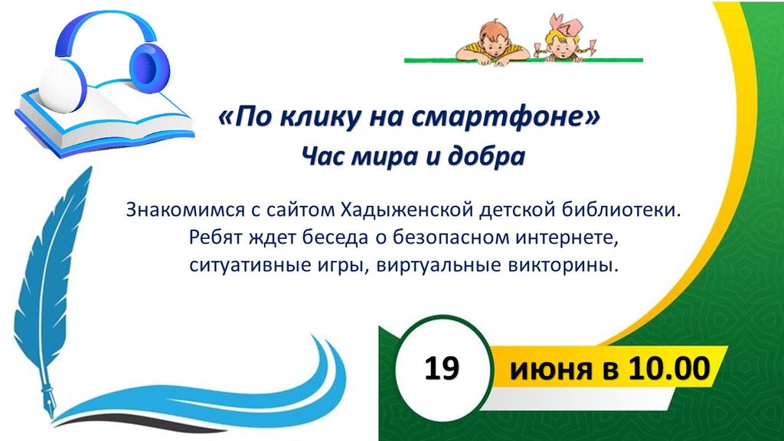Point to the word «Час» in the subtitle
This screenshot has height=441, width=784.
(322, 157)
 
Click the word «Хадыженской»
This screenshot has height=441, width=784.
(407, 210)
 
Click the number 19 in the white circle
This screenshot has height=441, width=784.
(442, 369)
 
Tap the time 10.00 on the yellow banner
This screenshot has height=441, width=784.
(669, 369)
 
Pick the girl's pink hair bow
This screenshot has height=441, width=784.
(565, 25)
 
